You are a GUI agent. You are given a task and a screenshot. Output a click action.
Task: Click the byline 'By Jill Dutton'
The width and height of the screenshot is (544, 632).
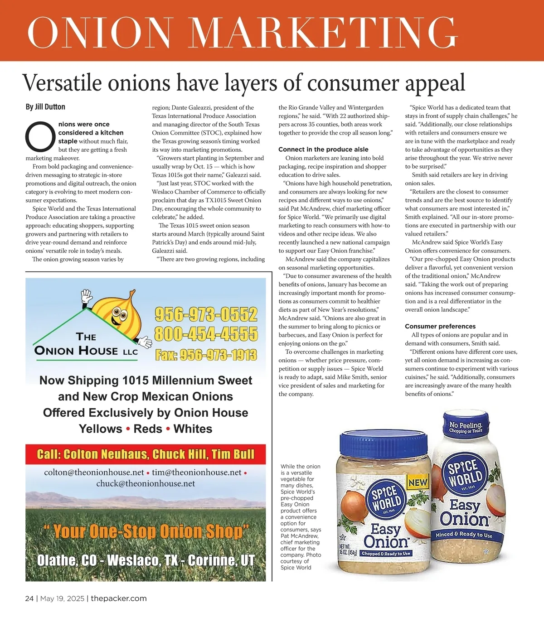click(x=45, y=107)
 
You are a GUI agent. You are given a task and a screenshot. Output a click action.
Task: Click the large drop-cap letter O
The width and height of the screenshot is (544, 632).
click(x=40, y=136)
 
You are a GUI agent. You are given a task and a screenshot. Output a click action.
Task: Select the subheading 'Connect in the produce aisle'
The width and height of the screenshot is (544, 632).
click(x=323, y=149)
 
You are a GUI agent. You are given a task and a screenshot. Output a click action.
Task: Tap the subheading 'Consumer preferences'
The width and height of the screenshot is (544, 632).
click(x=440, y=326)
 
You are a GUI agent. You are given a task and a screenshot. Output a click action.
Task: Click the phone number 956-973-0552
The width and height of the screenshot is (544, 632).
click(x=206, y=314)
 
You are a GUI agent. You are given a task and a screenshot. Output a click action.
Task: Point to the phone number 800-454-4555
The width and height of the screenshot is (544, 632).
click(x=206, y=334)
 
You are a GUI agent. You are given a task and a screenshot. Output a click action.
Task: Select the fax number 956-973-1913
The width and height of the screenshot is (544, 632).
click(x=206, y=355)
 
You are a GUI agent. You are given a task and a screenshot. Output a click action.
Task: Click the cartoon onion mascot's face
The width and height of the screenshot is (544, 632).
click(x=119, y=314)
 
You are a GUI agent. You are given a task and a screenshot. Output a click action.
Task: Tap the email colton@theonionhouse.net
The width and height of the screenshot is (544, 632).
click(x=94, y=473)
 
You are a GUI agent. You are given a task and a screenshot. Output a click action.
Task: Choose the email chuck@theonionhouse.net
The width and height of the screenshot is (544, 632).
click(x=146, y=483)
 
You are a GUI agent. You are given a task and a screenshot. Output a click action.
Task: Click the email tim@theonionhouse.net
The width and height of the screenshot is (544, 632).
click(x=197, y=473)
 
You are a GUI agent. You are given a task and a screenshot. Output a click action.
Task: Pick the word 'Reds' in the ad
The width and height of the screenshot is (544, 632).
click(x=148, y=429)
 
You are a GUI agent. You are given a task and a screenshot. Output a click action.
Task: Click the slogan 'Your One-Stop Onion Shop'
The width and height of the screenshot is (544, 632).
click(x=146, y=531)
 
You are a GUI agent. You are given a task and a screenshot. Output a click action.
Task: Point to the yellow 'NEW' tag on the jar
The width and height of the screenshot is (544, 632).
click(x=418, y=482)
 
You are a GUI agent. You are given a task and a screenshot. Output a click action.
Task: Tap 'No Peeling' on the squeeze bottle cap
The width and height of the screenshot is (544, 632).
click(x=466, y=426)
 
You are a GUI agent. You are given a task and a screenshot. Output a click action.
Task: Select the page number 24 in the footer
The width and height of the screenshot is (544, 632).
click(x=29, y=598)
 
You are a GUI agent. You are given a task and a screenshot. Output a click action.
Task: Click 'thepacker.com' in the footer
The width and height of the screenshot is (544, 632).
click(x=119, y=598)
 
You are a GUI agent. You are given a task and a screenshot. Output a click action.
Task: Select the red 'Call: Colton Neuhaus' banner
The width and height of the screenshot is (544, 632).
click(x=146, y=454)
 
